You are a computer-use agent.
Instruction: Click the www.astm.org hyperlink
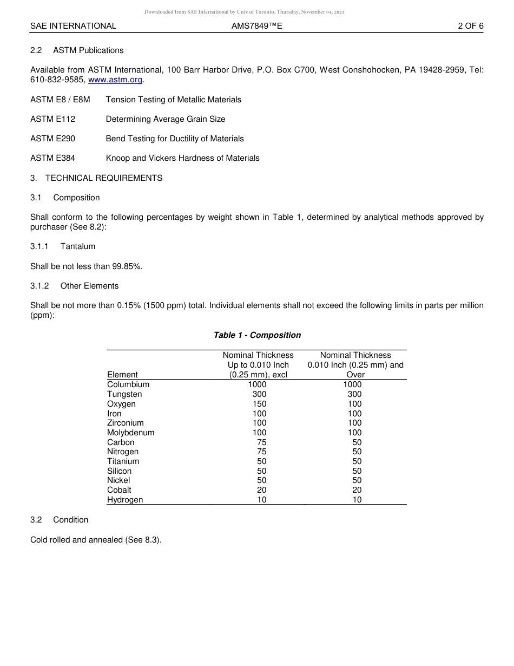(115, 80)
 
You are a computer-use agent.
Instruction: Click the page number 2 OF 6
(470, 26)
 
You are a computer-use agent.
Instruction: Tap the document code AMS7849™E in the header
(256, 26)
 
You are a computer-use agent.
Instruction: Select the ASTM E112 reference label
(53, 119)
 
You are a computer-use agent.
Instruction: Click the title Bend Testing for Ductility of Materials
(175, 139)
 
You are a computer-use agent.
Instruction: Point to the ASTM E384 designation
(53, 158)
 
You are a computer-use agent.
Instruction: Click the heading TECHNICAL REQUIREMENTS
(103, 178)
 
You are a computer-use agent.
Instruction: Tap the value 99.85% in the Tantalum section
(127, 266)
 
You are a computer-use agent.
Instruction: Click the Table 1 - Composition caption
(257, 335)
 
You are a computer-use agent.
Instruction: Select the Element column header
(122, 375)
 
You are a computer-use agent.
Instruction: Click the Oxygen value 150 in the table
(259, 404)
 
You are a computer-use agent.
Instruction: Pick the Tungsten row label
(124, 394)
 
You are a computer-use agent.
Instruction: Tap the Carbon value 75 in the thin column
(261, 442)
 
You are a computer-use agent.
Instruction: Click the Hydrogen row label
(125, 500)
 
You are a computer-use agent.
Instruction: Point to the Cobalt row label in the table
(119, 490)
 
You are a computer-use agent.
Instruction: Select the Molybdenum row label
(130, 433)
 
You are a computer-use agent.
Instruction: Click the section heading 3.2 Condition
(60, 520)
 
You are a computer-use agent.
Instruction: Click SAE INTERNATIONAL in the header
(73, 26)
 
